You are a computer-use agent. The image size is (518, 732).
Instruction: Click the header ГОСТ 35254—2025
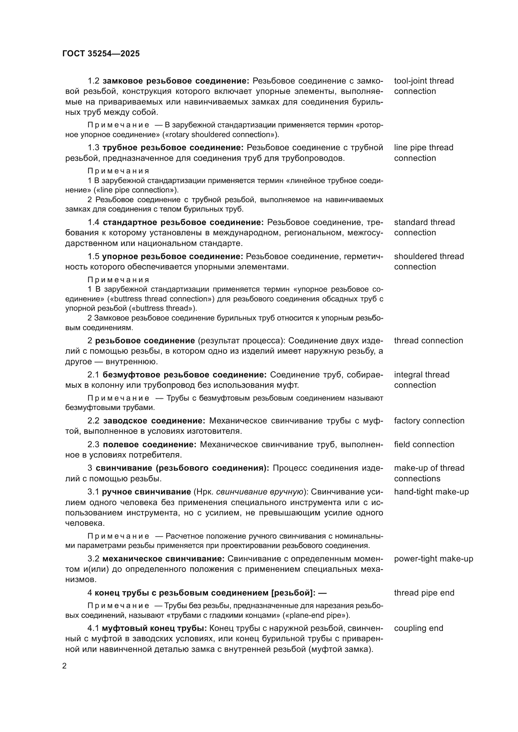tap(101, 54)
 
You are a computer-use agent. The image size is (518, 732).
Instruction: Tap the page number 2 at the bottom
tap(65, 666)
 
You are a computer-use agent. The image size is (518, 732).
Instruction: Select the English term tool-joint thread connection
tap(424, 86)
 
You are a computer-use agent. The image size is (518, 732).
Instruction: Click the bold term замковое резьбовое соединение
tap(175, 81)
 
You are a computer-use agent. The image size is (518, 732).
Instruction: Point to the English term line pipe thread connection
tap(423, 153)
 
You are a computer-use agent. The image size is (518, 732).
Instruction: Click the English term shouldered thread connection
tap(429, 261)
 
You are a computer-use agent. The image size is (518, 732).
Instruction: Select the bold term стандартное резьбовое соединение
tap(183, 222)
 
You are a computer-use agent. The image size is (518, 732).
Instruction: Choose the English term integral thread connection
tap(421, 380)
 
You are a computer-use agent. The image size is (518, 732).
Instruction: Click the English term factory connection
tap(429, 421)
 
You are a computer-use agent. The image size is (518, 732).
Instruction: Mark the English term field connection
tap(424, 444)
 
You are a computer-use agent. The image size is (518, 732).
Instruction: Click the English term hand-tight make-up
tap(431, 492)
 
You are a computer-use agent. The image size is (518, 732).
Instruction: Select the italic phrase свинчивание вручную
tap(260, 492)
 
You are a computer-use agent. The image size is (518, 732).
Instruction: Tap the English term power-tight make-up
tap(433, 559)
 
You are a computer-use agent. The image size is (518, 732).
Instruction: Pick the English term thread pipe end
tap(424, 593)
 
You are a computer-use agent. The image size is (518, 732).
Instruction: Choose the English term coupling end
tap(418, 628)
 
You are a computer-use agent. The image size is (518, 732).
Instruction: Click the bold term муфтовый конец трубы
tap(154, 628)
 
